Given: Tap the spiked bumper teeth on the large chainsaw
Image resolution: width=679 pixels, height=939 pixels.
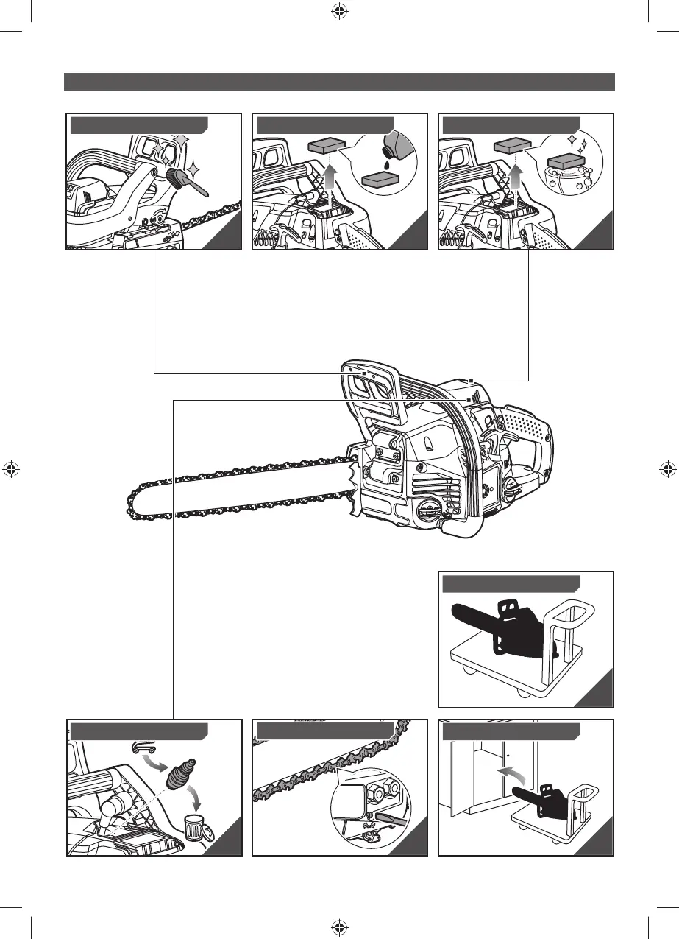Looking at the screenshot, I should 356,486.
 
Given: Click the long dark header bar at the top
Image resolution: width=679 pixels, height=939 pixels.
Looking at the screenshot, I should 339,81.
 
